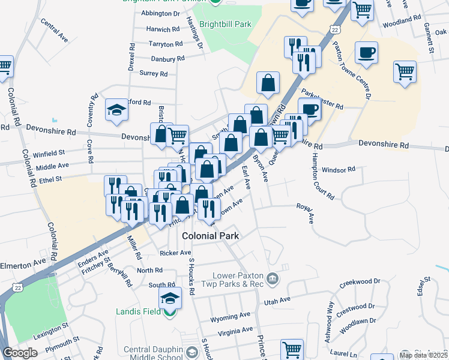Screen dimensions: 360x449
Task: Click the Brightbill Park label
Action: click(226, 25)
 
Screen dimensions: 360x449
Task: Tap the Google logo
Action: click(20, 353)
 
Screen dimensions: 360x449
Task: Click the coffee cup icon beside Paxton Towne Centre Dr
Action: click(366, 53)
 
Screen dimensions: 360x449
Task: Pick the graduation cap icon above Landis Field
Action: click(170, 298)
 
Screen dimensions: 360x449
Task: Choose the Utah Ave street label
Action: click(277, 299)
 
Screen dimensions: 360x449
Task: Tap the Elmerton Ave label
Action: click(23, 262)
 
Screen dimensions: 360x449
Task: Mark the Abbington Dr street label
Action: click(160, 13)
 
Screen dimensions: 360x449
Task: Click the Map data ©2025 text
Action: click(423, 355)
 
